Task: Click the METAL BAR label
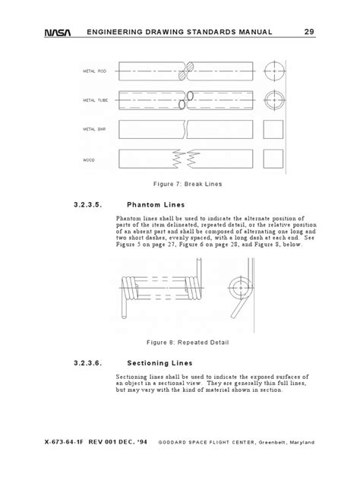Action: (94, 130)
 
